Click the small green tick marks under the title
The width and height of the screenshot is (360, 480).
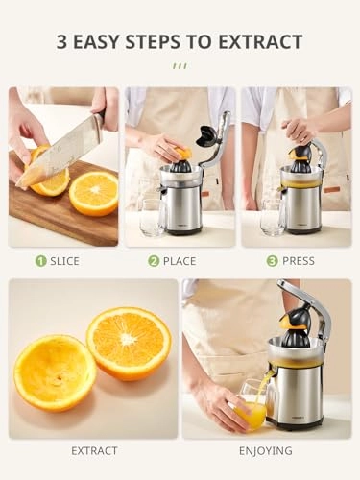coord(180,65)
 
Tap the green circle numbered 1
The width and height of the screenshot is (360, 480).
coord(40,260)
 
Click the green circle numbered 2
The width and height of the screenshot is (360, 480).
coord(154,260)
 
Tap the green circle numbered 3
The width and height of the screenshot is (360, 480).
coord(272,260)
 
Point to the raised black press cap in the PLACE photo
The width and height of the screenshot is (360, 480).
coord(205,137)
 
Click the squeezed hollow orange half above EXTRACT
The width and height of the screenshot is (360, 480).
coord(54,372)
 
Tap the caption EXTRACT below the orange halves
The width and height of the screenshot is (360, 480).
coord(93,450)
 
